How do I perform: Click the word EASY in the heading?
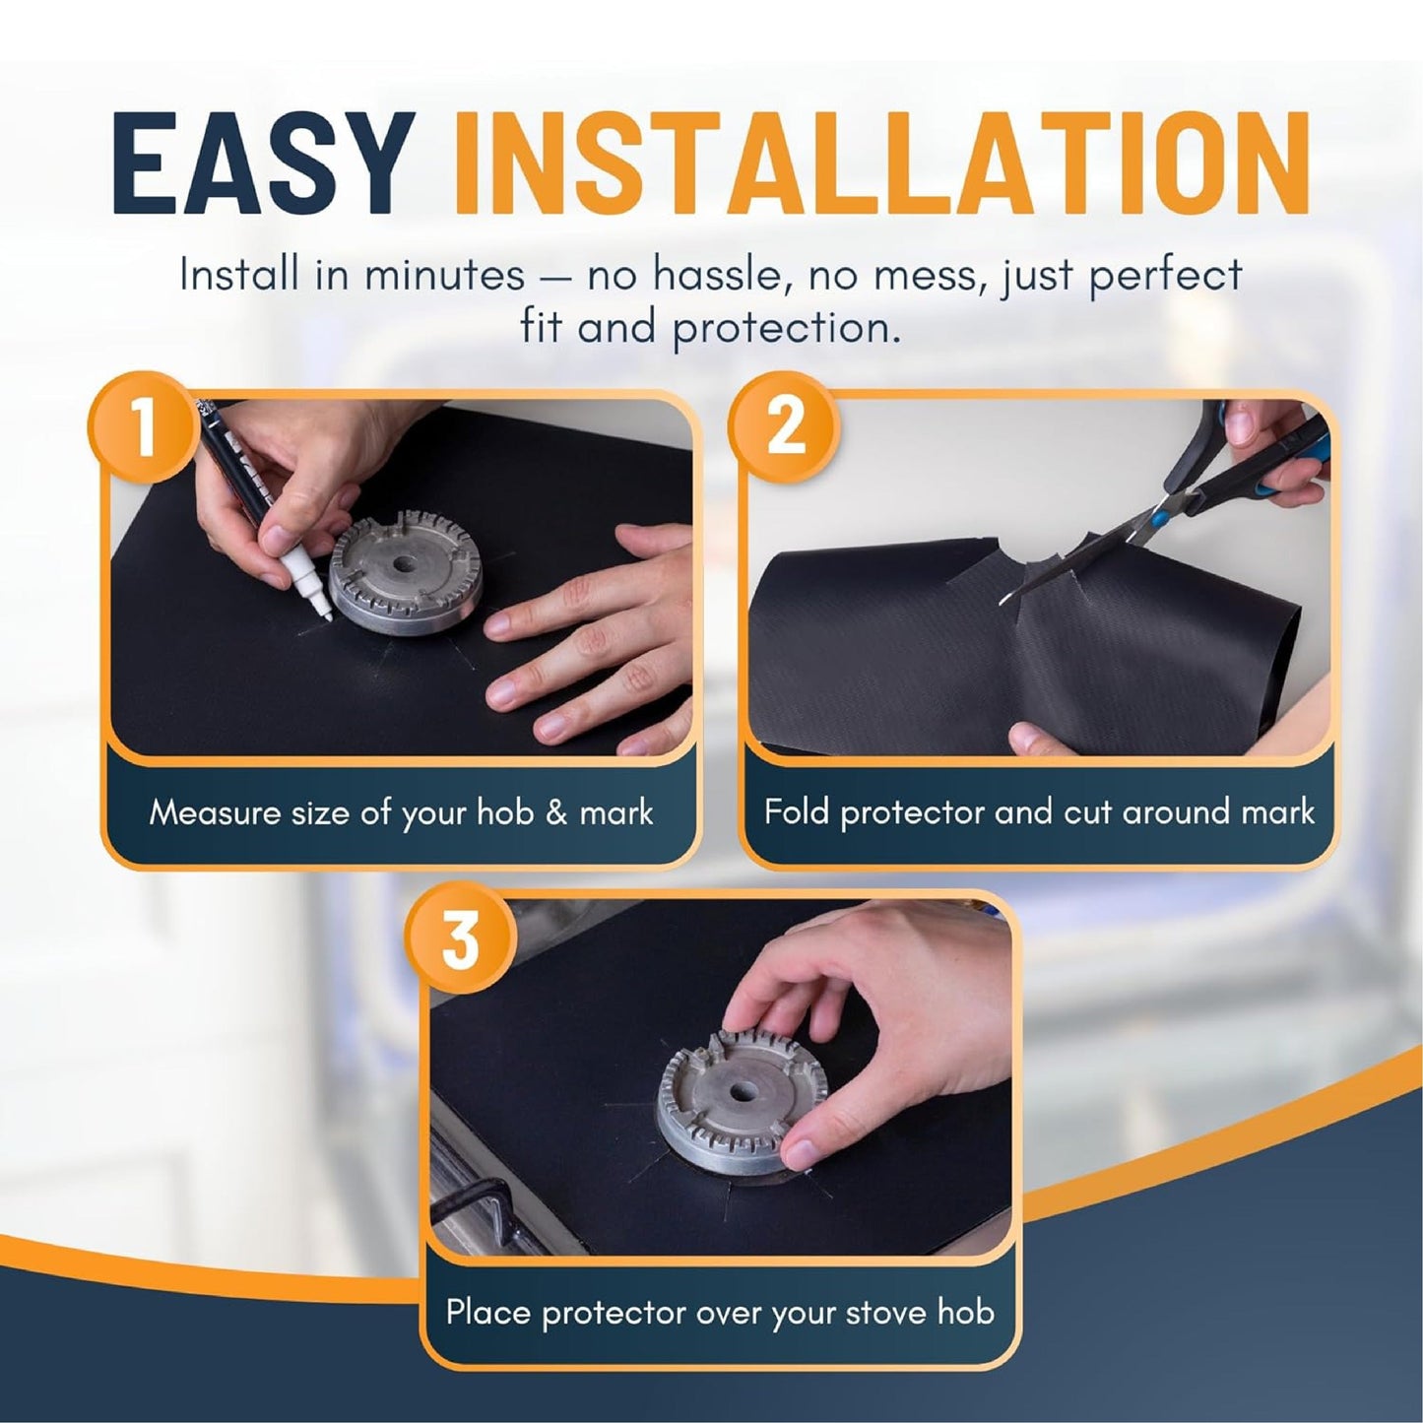264,164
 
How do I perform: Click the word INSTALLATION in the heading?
881,164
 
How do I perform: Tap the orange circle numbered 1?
144,427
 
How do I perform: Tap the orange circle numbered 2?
784,427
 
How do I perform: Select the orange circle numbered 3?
461,940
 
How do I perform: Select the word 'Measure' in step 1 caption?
215,813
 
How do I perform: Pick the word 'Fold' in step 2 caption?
797,812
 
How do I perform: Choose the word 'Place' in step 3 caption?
488,1313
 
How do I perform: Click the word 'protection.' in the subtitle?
787,328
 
